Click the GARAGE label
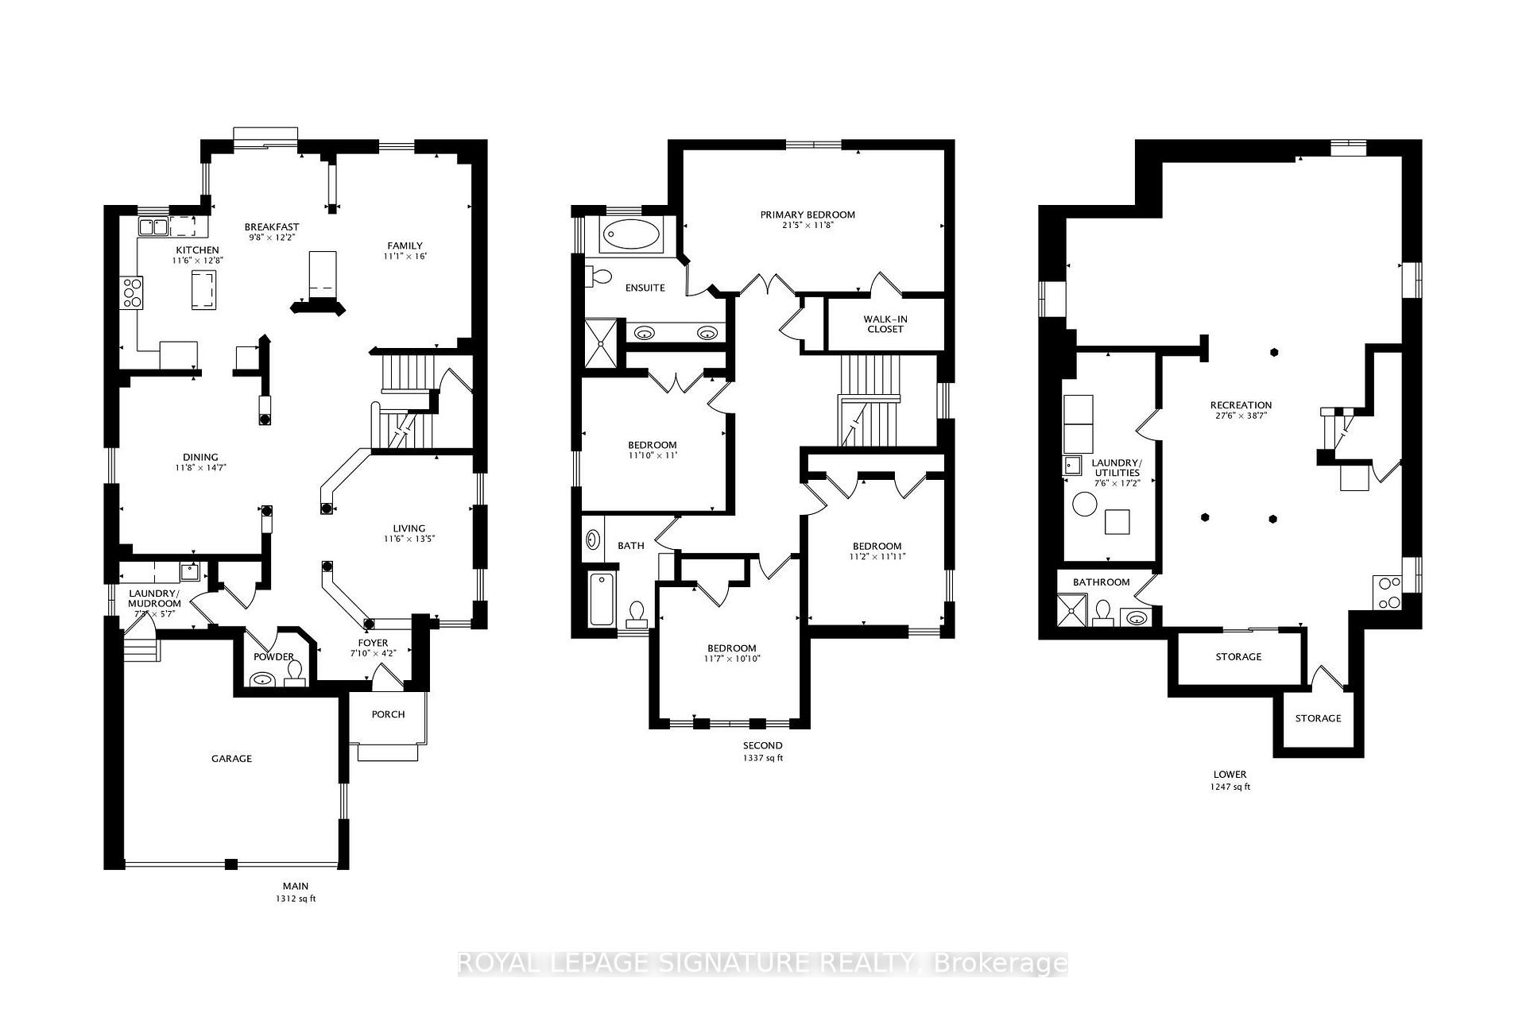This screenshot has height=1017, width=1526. (231, 759)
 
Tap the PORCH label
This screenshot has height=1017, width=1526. (388, 714)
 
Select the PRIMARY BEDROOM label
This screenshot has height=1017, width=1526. (808, 215)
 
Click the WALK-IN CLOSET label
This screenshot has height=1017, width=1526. (885, 324)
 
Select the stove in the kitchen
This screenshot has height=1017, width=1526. (132, 292)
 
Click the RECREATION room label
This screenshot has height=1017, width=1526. (1241, 405)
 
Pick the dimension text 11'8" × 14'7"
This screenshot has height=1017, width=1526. (200, 469)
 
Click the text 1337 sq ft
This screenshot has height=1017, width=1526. (763, 758)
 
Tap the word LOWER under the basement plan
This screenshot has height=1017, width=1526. (1230, 774)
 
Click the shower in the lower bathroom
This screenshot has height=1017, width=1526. (1070, 611)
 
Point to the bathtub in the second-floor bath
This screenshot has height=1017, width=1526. (602, 599)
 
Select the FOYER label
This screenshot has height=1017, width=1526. (373, 643)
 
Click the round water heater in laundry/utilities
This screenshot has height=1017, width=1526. (1084, 504)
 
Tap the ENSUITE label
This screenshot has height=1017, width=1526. (645, 288)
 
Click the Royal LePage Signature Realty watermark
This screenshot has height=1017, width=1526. (763, 964)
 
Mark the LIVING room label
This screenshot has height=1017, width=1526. (409, 528)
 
